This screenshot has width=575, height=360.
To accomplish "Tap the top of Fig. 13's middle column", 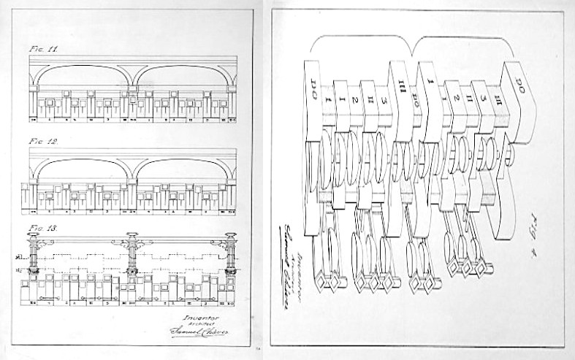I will tap(132, 237).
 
